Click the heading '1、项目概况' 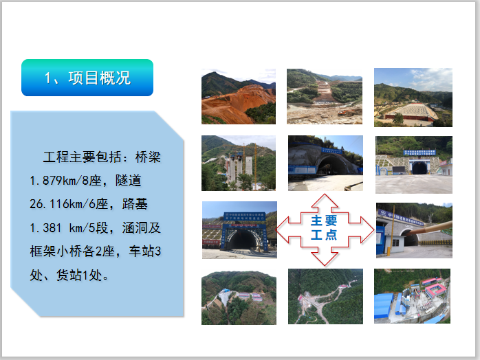87,78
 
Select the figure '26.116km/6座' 67,205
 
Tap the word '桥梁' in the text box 148,158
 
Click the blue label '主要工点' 324,229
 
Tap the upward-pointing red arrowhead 325,201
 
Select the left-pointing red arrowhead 283,229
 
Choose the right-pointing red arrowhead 367,229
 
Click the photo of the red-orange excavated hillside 238,96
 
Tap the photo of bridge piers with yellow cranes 238,163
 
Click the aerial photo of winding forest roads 325,296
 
